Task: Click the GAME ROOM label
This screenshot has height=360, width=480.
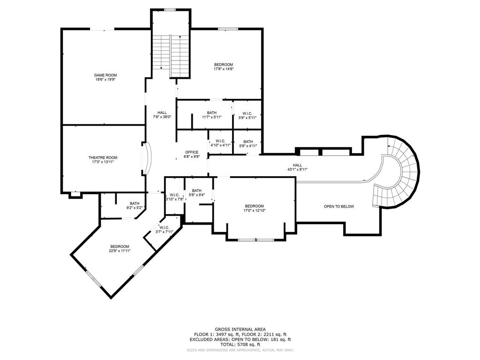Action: point(105,75)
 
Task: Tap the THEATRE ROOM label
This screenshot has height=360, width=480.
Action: point(103,157)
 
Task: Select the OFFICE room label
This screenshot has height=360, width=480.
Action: point(192,152)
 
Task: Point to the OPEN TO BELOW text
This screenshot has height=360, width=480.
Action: point(339,207)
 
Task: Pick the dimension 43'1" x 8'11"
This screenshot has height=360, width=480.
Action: point(297,170)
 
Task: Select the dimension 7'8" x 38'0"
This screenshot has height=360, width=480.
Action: point(162,117)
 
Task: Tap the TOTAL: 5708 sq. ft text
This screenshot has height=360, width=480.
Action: point(240,344)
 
